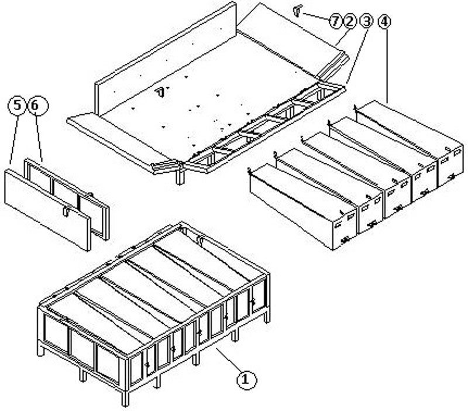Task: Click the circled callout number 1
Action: (246, 380)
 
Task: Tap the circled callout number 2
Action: (349, 22)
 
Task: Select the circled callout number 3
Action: (366, 22)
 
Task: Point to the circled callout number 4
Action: (384, 22)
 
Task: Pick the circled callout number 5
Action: (18, 105)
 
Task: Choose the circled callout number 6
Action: (37, 105)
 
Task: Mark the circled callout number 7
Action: (335, 22)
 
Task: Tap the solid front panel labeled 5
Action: (47, 209)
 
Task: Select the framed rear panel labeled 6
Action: (67, 197)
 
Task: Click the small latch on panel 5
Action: (66, 211)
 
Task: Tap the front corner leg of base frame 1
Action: (126, 398)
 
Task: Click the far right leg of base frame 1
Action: (267, 316)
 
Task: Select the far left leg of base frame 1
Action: (40, 349)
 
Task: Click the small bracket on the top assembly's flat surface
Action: (160, 93)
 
